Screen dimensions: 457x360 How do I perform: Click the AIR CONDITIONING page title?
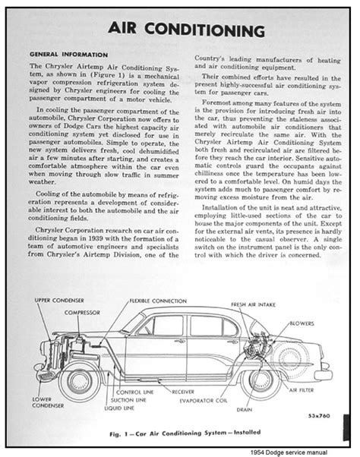(x=179, y=31)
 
